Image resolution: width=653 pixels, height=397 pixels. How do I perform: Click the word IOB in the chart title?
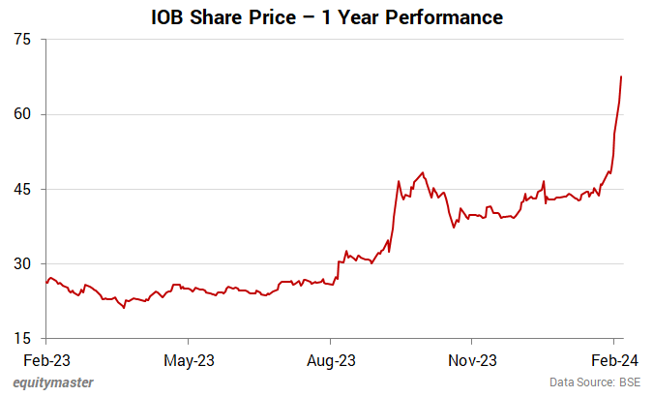point(170,17)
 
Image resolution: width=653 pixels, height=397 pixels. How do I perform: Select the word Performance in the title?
point(447,17)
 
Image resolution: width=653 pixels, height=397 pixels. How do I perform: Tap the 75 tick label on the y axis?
point(22,40)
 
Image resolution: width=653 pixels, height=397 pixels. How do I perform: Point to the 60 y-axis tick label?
point(22,114)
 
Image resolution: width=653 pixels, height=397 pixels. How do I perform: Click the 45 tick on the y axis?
point(22,189)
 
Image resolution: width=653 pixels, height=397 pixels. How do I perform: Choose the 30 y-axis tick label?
point(22,263)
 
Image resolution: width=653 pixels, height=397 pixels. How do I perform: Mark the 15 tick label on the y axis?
point(22,338)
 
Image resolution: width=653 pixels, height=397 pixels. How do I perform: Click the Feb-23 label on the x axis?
point(46,360)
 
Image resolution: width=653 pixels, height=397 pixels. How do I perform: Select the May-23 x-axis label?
point(189,360)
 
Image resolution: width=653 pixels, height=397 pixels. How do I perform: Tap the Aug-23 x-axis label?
point(331,360)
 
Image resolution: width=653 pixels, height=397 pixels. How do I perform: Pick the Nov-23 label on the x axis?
point(472,360)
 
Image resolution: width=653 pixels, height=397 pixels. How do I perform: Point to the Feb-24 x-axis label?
point(613,360)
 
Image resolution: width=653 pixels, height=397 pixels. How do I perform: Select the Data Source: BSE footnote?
point(596,382)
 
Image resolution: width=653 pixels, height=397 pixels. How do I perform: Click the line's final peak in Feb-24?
point(621,76)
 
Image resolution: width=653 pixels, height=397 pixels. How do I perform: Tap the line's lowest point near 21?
point(125,308)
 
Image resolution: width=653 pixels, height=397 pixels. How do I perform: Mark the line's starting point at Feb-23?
point(46,283)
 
